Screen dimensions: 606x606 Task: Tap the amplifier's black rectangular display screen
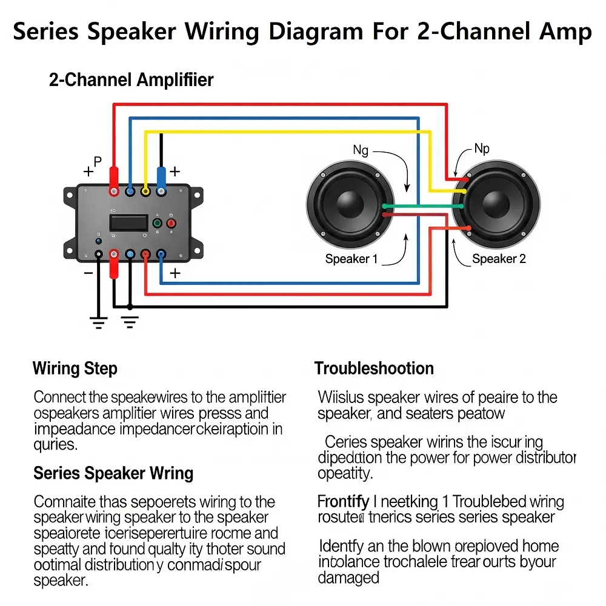(x=128, y=222)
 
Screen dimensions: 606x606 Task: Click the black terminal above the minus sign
(x=98, y=255)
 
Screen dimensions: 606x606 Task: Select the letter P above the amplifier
(x=98, y=161)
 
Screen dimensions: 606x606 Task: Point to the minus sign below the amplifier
(x=88, y=273)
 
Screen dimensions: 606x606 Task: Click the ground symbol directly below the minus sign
(x=99, y=322)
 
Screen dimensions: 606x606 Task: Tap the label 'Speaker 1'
(x=351, y=259)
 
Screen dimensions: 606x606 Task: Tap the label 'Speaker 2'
(x=499, y=259)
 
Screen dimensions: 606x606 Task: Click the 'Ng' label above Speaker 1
(x=361, y=150)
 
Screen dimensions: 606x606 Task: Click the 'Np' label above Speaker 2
(x=482, y=148)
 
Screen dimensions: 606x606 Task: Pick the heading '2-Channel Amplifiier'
(x=131, y=79)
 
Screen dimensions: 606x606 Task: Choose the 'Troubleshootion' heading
(x=374, y=368)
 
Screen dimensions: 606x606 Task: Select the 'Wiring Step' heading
(x=75, y=368)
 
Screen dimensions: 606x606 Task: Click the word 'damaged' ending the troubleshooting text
(x=348, y=578)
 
